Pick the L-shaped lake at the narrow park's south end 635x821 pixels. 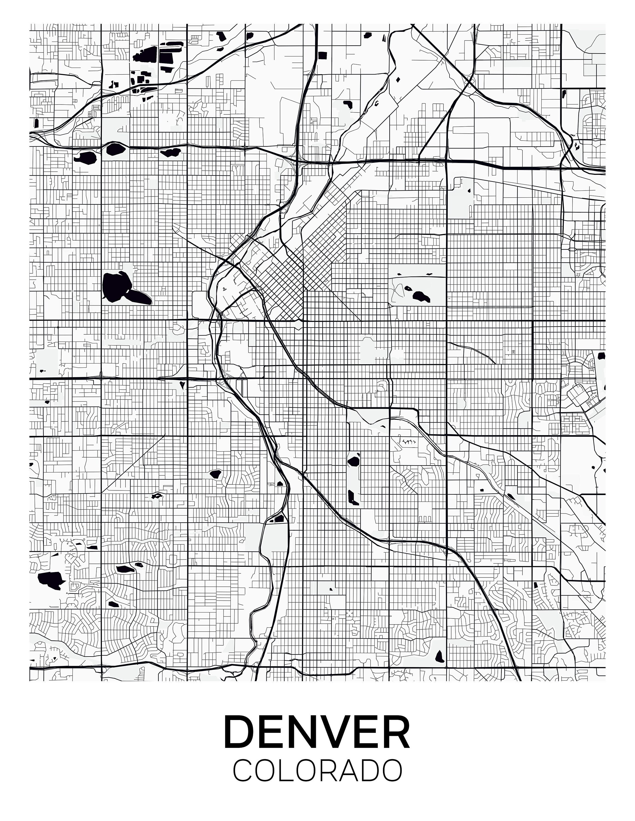tap(353, 497)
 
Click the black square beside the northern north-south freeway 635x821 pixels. tap(322, 55)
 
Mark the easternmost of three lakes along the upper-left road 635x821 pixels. tap(170, 152)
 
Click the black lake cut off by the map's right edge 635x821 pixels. tap(602, 355)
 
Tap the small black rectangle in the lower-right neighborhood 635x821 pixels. tap(535, 585)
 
